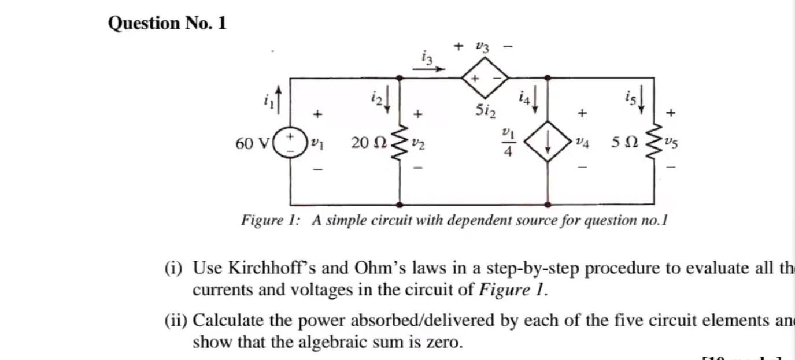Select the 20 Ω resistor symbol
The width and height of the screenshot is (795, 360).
(400, 143)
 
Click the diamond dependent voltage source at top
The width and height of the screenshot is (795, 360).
(485, 77)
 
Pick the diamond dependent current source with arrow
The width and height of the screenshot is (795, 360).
(547, 142)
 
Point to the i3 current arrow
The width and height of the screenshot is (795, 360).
(429, 69)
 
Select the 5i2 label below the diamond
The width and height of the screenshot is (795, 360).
(485, 109)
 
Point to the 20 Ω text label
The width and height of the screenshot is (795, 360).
(367, 143)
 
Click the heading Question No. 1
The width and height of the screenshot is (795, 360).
(167, 23)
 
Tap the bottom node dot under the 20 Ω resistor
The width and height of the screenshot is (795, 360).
(400, 205)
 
